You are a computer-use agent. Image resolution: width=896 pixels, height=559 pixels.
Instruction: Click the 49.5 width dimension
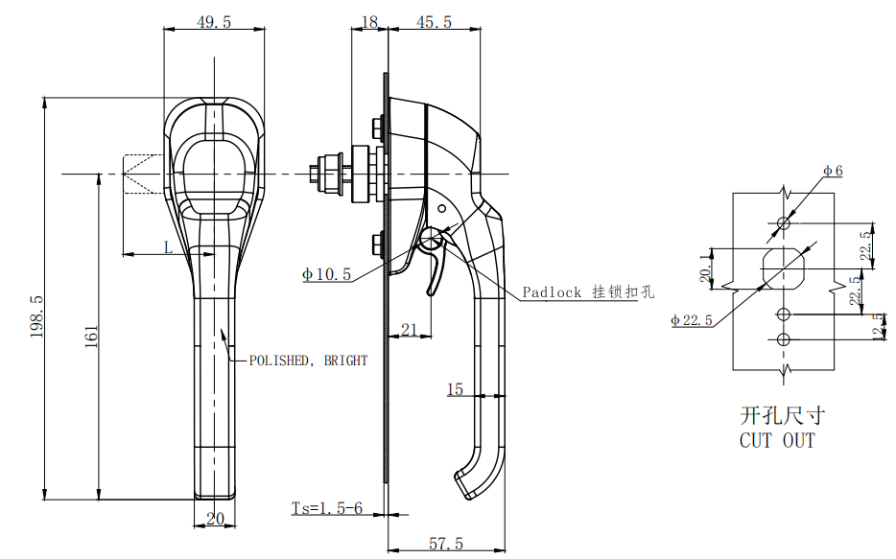214,22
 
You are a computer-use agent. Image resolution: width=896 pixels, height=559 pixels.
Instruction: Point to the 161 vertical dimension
91,337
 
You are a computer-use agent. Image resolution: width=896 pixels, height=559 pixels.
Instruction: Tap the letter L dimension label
168,247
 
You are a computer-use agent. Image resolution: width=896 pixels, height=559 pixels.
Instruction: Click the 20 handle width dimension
215,519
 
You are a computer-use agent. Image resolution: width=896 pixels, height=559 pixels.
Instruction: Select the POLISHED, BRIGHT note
308,361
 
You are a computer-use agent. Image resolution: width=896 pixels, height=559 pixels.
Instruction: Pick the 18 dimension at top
369,22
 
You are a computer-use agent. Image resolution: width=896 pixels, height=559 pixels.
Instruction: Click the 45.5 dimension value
434,22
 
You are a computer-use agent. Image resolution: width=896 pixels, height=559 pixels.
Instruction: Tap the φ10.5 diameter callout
326,274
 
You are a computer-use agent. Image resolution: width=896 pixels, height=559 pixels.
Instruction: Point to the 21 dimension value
409,330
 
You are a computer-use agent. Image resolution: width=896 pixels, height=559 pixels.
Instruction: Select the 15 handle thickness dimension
455,389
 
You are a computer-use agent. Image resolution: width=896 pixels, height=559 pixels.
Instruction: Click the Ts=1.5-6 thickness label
327,507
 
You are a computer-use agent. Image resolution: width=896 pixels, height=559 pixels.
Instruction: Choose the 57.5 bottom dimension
446,543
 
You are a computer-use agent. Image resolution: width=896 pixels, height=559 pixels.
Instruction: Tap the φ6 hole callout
833,170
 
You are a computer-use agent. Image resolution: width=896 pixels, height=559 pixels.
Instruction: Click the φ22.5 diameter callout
692,319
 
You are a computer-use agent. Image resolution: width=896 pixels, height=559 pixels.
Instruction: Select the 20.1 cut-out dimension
706,268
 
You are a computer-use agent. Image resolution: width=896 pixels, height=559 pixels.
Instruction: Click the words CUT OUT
777,440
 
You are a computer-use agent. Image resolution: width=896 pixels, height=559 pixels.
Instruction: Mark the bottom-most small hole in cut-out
784,339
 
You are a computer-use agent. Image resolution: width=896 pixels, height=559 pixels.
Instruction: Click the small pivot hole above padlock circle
441,209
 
